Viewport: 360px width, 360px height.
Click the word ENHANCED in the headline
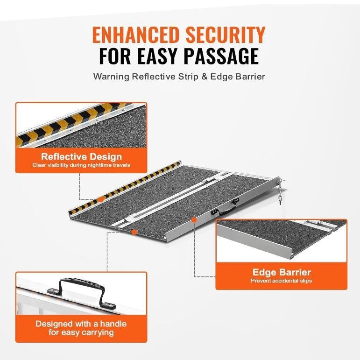[x=135, y=35]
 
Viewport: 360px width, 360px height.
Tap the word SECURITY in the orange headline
[x=226, y=35]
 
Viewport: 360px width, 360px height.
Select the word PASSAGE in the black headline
[x=221, y=56]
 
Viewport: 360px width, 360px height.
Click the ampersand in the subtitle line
[x=204, y=77]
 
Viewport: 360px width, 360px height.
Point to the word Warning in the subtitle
[x=111, y=77]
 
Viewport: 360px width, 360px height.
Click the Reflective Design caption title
[x=81, y=156]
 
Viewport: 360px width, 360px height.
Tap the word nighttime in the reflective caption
[x=100, y=165]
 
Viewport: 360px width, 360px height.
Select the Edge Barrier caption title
[x=282, y=272]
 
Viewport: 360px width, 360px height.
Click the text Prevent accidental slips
[x=281, y=281]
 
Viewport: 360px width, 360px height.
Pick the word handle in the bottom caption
[x=113, y=324]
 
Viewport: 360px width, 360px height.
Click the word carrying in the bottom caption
[x=98, y=332]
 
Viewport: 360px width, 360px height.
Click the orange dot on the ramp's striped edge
[x=100, y=199]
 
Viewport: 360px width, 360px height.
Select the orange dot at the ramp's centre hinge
[x=134, y=232]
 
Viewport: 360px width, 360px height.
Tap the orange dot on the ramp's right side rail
[x=194, y=220]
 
